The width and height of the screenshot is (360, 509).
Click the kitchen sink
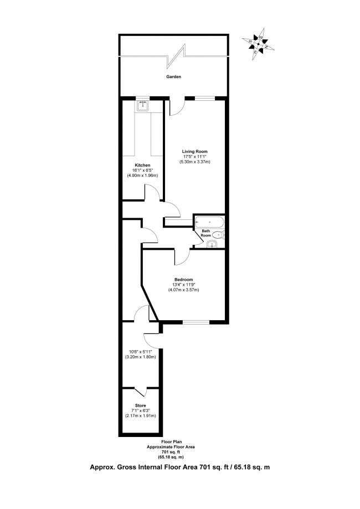click(143, 106)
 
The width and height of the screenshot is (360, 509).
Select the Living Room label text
click(194, 151)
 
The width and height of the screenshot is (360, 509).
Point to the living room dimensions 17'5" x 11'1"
click(194, 156)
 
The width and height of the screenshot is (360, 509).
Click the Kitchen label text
click(142, 165)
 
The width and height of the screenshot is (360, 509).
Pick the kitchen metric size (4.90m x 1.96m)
click(142, 176)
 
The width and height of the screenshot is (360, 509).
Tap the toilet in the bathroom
click(217, 235)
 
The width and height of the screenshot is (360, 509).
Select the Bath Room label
click(205, 233)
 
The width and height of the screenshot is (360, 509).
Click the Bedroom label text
click(183, 279)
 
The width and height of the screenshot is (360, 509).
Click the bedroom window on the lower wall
click(194, 322)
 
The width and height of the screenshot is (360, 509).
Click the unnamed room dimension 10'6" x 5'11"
click(142, 352)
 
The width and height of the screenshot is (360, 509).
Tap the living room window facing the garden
click(204, 98)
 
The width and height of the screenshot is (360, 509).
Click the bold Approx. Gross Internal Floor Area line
click(180, 467)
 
